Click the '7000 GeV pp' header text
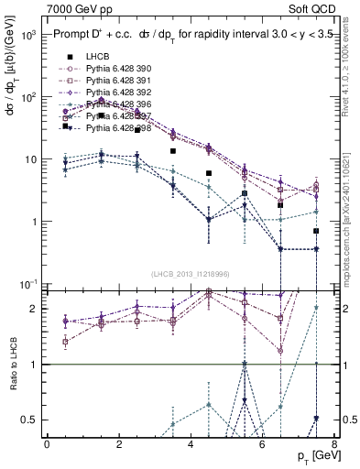(x=80, y=8)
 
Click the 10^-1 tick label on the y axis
(x=26, y=284)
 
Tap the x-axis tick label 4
(x=191, y=445)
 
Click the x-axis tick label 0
(x=47, y=445)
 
